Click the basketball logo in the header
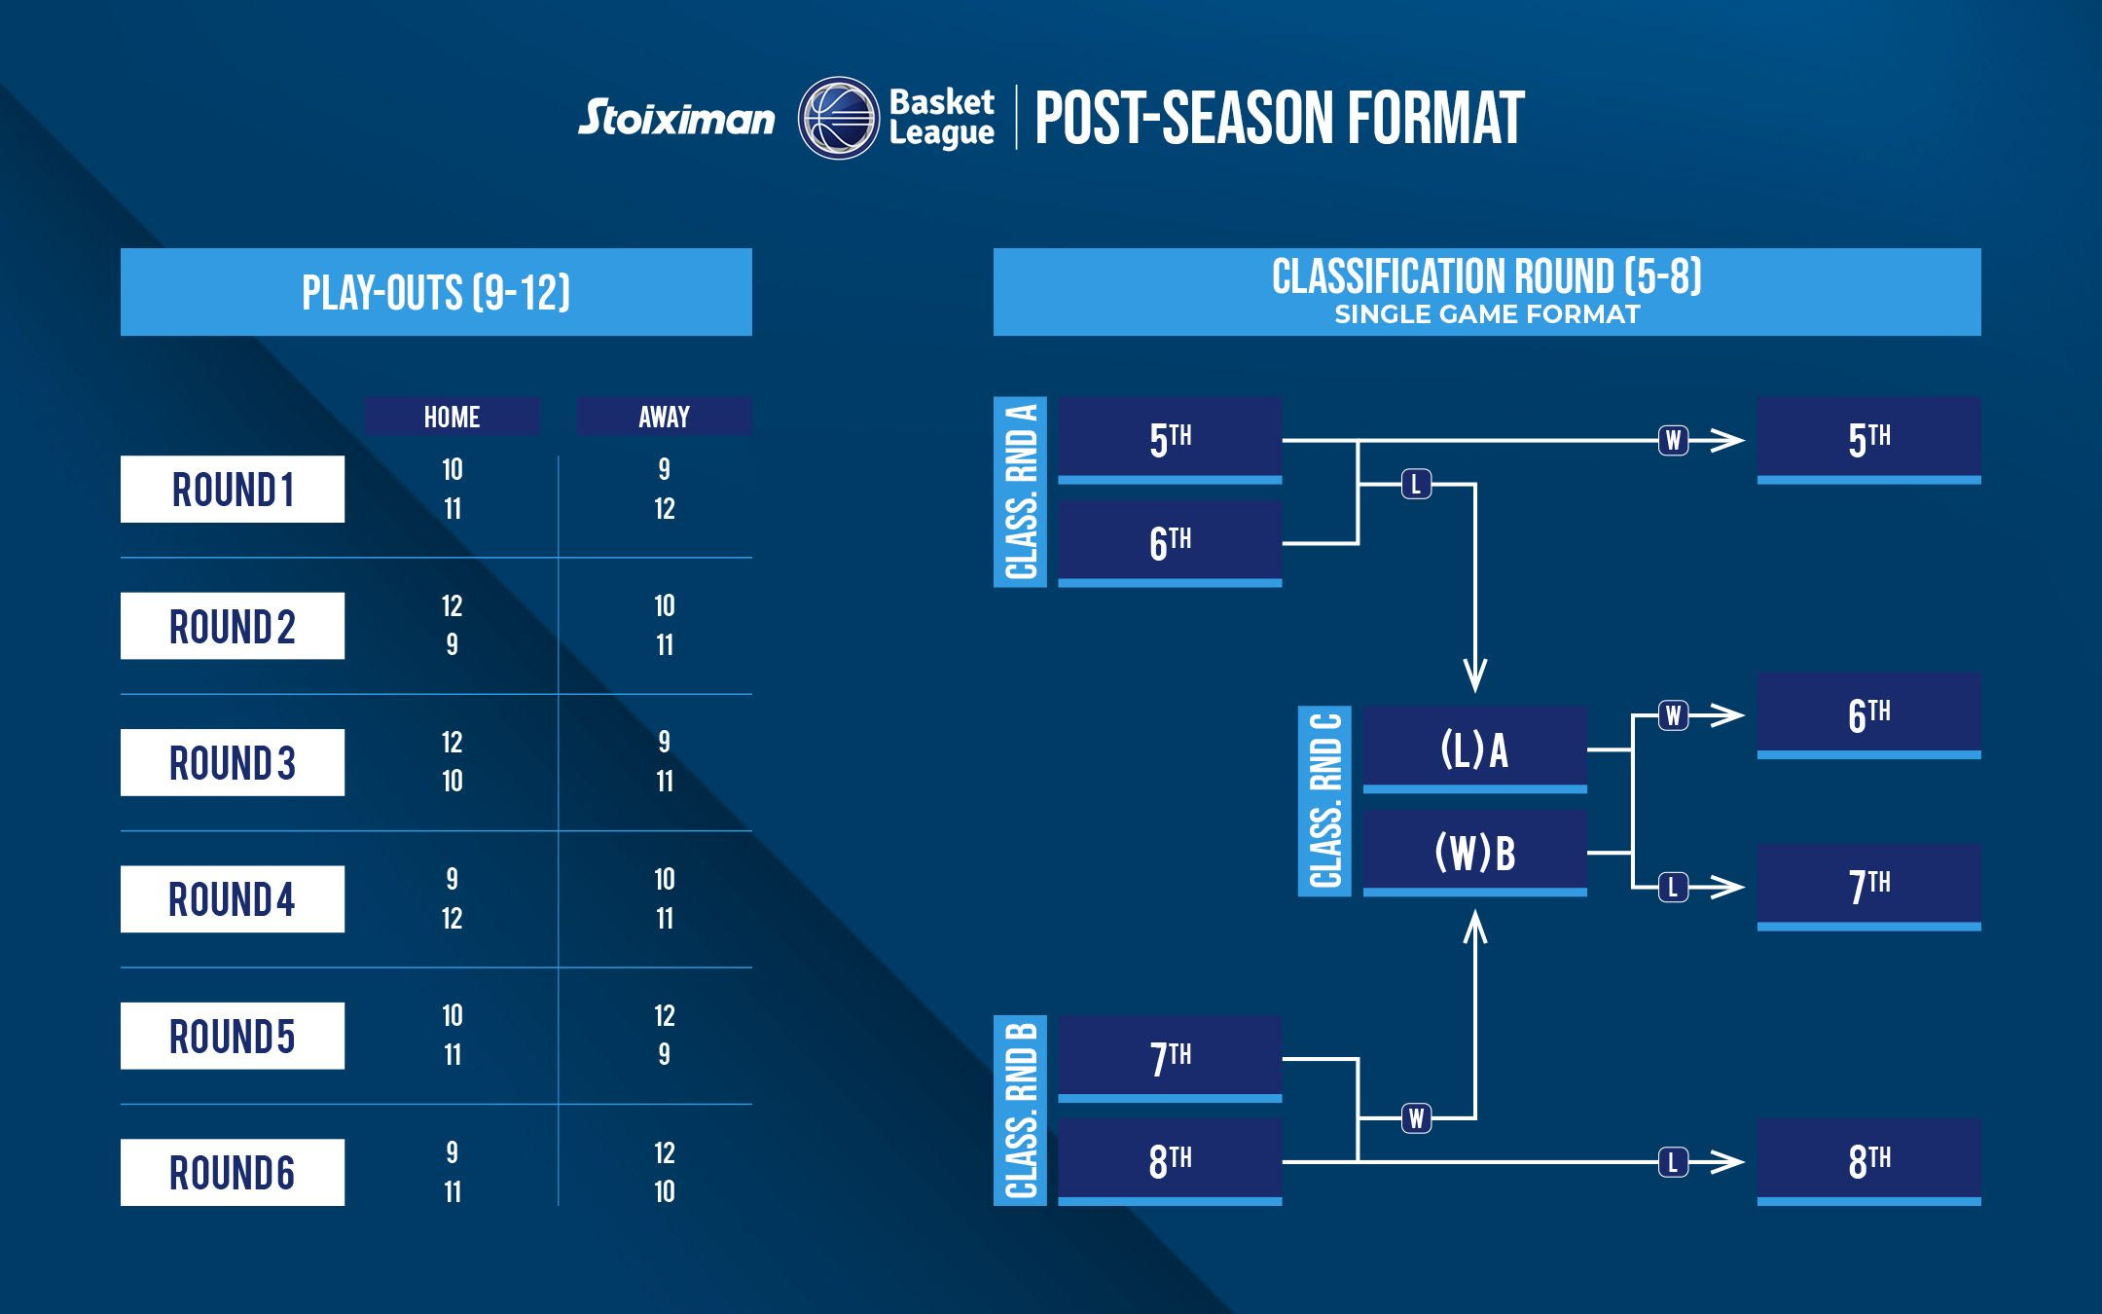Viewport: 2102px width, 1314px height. pyautogui.click(x=838, y=118)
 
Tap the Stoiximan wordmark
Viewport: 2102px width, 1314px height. pyautogui.click(x=676, y=119)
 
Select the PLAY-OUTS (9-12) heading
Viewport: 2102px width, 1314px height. pyautogui.click(x=436, y=292)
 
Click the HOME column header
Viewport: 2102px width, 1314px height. pyautogui.click(x=452, y=417)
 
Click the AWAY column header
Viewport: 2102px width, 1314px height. pyautogui.click(x=664, y=417)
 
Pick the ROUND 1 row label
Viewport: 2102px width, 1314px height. pyautogui.click(x=233, y=490)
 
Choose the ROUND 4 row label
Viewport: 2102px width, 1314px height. pyautogui.click(x=233, y=899)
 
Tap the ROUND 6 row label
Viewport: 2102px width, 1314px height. pyautogui.click(x=233, y=1173)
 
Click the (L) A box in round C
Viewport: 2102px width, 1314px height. pyautogui.click(x=1474, y=749)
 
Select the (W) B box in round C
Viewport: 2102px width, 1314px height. pyautogui.click(x=1474, y=853)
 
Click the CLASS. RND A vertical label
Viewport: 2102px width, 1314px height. pyautogui.click(x=1020, y=492)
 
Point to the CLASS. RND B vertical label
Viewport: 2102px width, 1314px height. pyautogui.click(x=1020, y=1111)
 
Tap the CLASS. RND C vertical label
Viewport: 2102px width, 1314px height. pyautogui.click(x=1324, y=801)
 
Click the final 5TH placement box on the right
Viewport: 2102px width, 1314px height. pyautogui.click(x=1868, y=440)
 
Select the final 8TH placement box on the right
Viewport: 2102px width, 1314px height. pyautogui.click(x=1868, y=1161)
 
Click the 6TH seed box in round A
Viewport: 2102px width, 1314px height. pyautogui.click(x=1170, y=543)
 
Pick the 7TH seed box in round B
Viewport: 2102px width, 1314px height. pyautogui.click(x=1170, y=1058)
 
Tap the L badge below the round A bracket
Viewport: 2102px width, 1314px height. pyautogui.click(x=1416, y=484)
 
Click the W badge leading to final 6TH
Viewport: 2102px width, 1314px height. pyautogui.click(x=1673, y=716)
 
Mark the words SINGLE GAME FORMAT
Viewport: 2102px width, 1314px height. pyautogui.click(x=1487, y=314)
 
